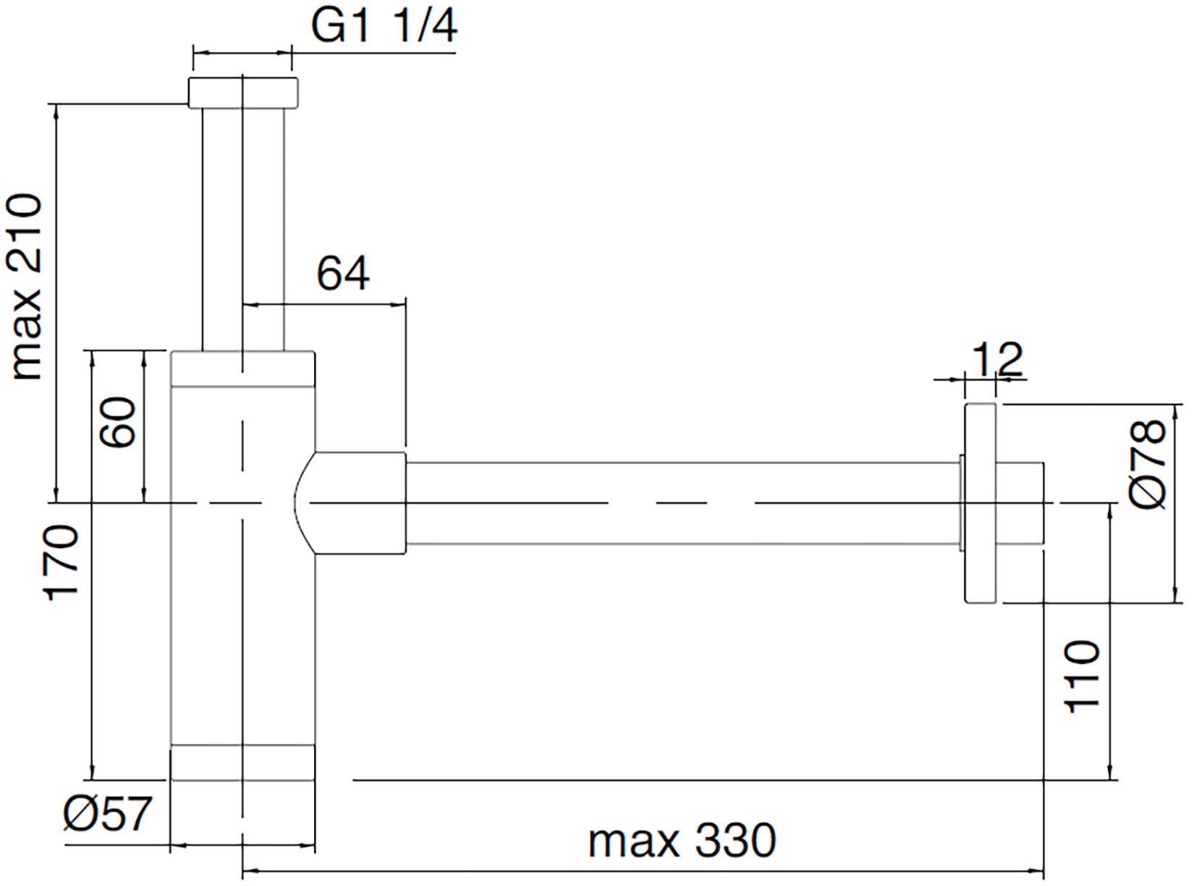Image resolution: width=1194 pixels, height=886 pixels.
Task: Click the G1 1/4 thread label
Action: pyautogui.click(x=384, y=28)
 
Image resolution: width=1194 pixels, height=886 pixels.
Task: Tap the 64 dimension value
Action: pyautogui.click(x=343, y=274)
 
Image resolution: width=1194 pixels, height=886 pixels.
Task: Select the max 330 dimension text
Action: pyautogui.click(x=682, y=841)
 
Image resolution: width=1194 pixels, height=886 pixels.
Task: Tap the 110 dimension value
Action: pyautogui.click(x=1083, y=676)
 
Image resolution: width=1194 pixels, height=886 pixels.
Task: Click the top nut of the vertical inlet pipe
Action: pyautogui.click(x=243, y=93)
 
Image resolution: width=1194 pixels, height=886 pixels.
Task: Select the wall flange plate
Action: pyautogui.click(x=981, y=503)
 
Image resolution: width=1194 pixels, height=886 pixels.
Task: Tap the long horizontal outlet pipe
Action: pyautogui.click(x=680, y=502)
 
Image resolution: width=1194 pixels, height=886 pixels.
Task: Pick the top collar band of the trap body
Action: pyautogui.click(x=243, y=368)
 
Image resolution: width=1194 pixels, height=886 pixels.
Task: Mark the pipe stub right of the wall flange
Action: pyautogui.click(x=1020, y=503)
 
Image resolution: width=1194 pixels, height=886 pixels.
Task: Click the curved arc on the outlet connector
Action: pyautogui.click(x=297, y=503)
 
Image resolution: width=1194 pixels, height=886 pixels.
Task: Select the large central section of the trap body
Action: pyautogui.click(x=243, y=565)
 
